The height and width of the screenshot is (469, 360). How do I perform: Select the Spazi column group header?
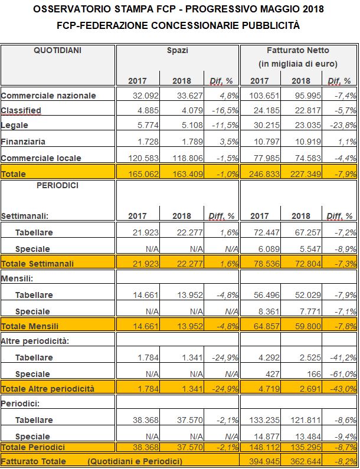[x=178, y=51]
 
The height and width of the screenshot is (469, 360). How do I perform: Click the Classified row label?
[x=21, y=111]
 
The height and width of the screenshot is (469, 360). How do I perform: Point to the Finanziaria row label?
[x=23, y=142]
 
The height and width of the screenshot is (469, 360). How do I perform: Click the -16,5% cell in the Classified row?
[x=225, y=111]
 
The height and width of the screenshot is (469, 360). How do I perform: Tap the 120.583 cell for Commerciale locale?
[x=143, y=158]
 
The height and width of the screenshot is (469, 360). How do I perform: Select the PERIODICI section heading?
[x=57, y=185]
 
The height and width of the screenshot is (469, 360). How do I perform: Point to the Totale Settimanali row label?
[x=37, y=264]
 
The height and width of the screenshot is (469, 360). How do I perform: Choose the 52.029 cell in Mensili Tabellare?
[x=308, y=295]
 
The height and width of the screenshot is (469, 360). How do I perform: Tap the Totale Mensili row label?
[x=30, y=326]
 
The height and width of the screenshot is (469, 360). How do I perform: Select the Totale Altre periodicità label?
[x=48, y=389]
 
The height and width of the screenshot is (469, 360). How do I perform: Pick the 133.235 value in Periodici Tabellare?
[x=264, y=420]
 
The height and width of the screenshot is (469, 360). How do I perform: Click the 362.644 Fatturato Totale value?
[x=306, y=461]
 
